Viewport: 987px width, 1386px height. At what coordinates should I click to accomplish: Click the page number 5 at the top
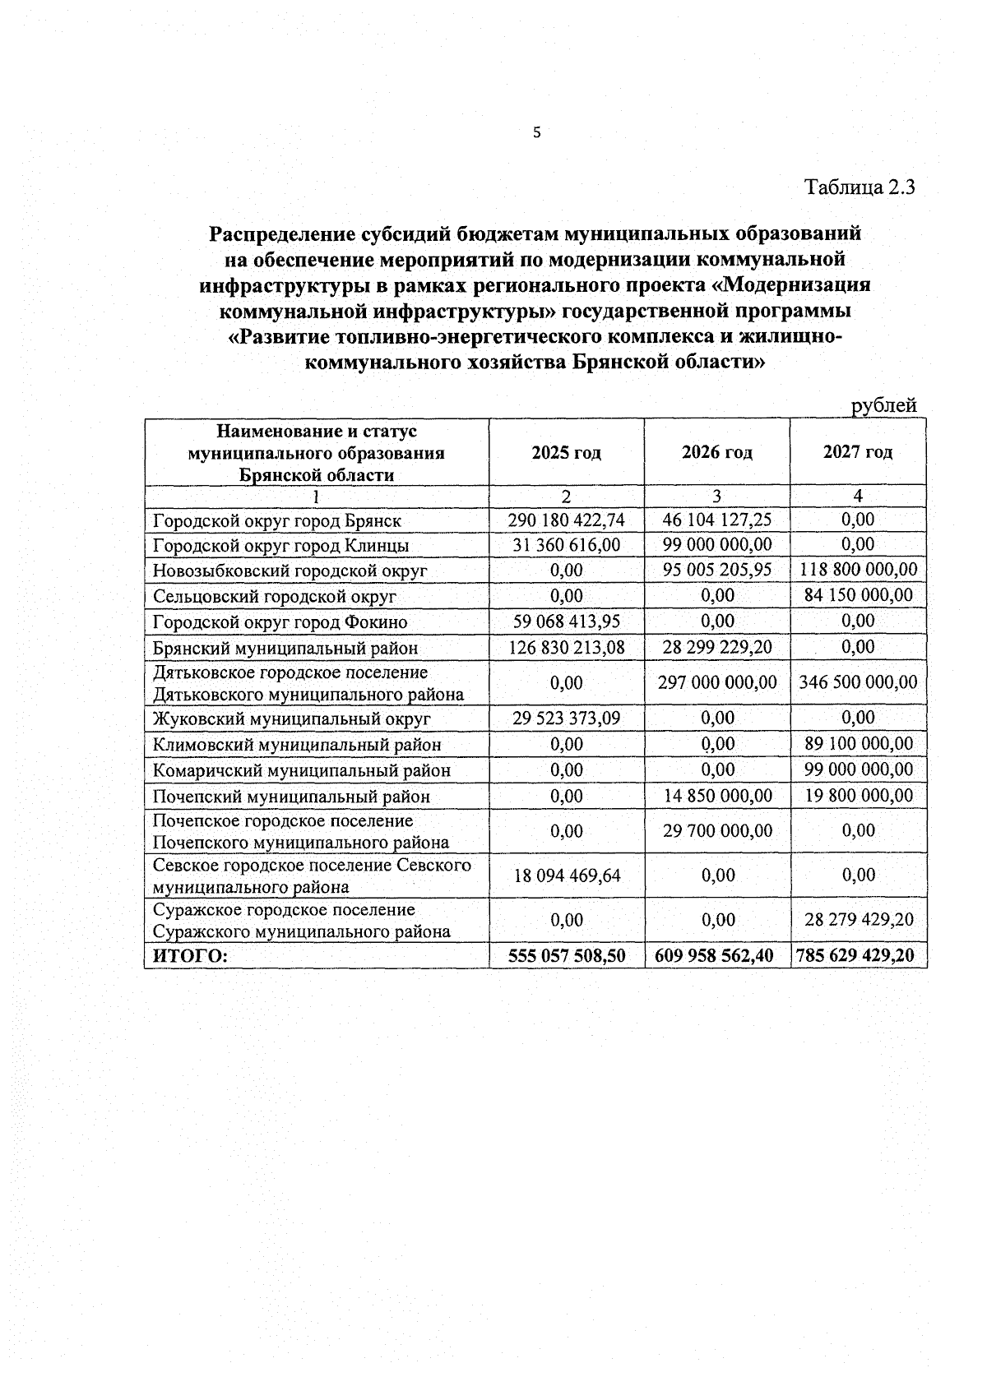[x=537, y=132]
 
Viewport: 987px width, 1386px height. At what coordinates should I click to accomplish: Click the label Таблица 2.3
[x=860, y=187]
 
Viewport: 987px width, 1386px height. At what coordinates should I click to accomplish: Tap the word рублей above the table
[x=883, y=405]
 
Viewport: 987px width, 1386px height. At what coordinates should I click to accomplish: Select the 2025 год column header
[x=566, y=453]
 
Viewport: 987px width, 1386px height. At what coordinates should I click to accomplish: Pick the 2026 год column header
[x=716, y=453]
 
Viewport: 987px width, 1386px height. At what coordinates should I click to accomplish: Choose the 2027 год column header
[x=858, y=453]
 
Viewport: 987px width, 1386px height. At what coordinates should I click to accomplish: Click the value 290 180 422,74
[x=566, y=520]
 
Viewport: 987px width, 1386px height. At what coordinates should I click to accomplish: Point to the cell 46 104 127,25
[x=717, y=520]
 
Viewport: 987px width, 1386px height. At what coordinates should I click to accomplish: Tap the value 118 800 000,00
[x=858, y=570]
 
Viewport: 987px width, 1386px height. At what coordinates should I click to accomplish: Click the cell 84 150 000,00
[x=858, y=595]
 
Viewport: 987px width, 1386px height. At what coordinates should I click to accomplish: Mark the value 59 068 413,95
[x=566, y=621]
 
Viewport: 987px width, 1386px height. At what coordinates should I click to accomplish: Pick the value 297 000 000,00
[x=717, y=682]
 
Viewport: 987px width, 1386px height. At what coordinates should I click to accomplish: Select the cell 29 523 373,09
[x=566, y=718]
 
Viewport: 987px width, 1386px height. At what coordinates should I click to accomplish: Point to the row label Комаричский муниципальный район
[x=302, y=770]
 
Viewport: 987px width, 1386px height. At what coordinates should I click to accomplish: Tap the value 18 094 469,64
[x=566, y=875]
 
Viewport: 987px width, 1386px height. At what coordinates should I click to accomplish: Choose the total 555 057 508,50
[x=566, y=955]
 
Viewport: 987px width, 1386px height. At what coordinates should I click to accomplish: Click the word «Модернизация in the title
[x=788, y=285]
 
